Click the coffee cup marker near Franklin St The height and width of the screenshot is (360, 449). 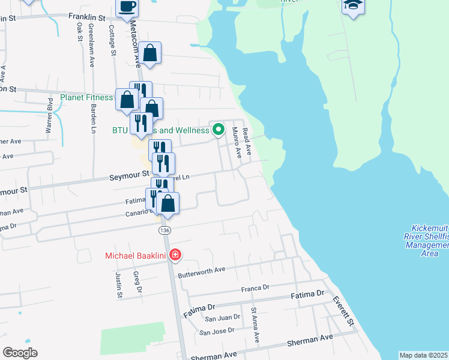pyautogui.click(x=126, y=8)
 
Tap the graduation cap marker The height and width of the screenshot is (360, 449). pyautogui.click(x=353, y=6)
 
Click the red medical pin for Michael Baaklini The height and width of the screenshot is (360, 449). pyautogui.click(x=175, y=255)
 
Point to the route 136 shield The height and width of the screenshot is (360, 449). pyautogui.click(x=163, y=230)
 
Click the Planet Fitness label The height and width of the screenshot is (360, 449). pyautogui.click(x=86, y=97)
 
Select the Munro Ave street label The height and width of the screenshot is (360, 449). pyautogui.click(x=237, y=142)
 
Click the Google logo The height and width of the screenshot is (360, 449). pyautogui.click(x=20, y=353)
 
